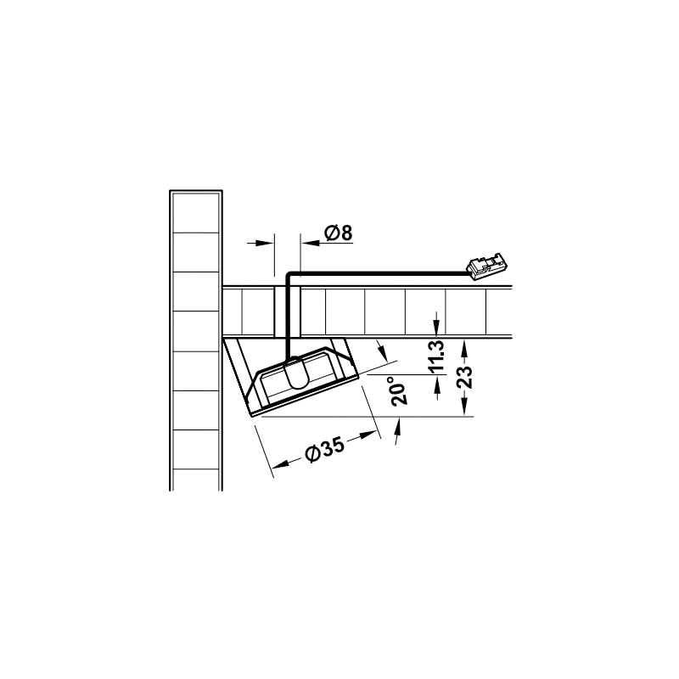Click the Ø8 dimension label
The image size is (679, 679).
pyautogui.click(x=338, y=233)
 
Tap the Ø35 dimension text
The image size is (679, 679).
pyautogui.click(x=325, y=449)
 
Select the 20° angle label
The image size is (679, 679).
pyautogui.click(x=399, y=391)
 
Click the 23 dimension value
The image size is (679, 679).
pyautogui.click(x=465, y=377)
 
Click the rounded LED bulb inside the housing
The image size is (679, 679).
pyautogui.click(x=296, y=373)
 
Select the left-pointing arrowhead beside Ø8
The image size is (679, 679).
pyautogui.click(x=310, y=243)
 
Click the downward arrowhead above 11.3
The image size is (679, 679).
pyautogui.click(x=436, y=327)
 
